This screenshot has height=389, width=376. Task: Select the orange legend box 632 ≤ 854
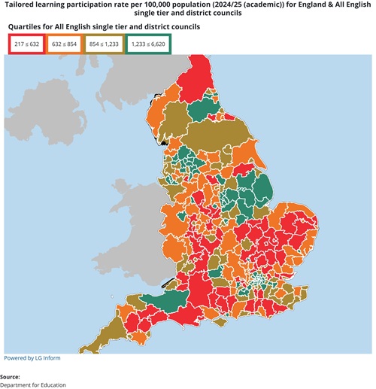click(65, 44)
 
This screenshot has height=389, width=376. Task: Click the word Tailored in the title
click(24, 5)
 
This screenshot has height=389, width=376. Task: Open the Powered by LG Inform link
click(32, 357)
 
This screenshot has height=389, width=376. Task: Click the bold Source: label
click(11, 376)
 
